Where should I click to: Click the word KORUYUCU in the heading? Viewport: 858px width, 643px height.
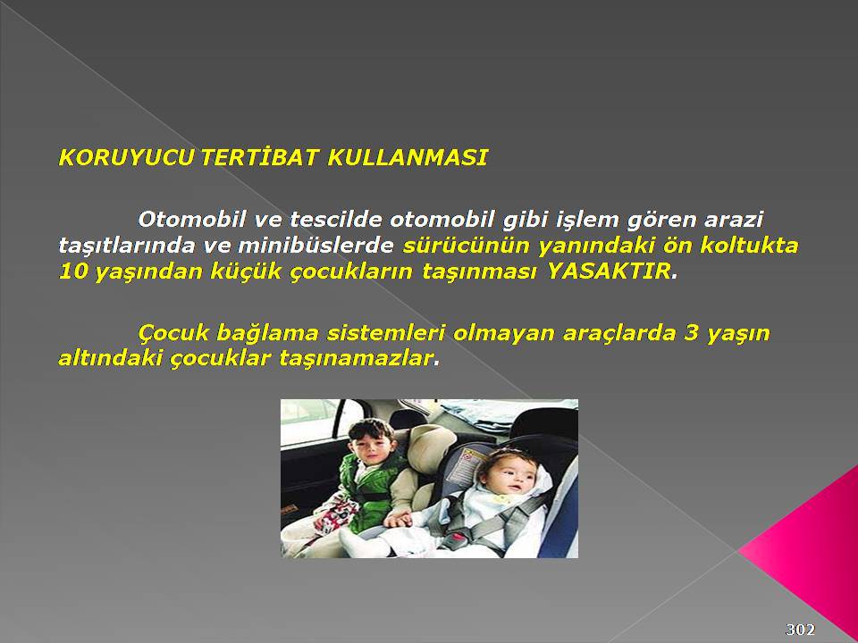(x=126, y=158)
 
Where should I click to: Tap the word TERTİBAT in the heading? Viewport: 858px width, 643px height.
(x=259, y=158)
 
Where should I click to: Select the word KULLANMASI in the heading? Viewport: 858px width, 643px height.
(x=408, y=158)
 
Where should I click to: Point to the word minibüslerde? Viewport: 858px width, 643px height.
(x=315, y=246)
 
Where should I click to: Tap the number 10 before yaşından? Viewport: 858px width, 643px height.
(x=73, y=271)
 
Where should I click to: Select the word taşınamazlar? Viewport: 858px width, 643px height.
(x=356, y=359)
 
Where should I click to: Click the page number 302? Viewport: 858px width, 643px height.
(x=801, y=630)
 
